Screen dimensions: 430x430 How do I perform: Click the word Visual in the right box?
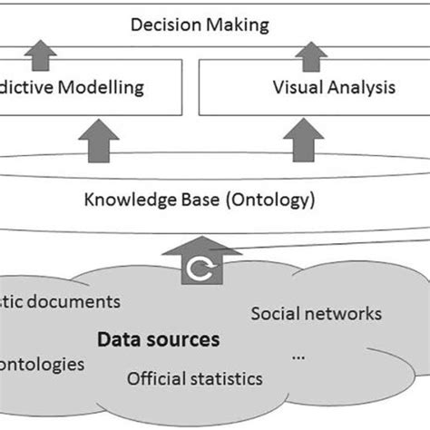[297, 88]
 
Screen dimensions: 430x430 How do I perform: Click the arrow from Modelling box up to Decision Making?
[37, 54]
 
